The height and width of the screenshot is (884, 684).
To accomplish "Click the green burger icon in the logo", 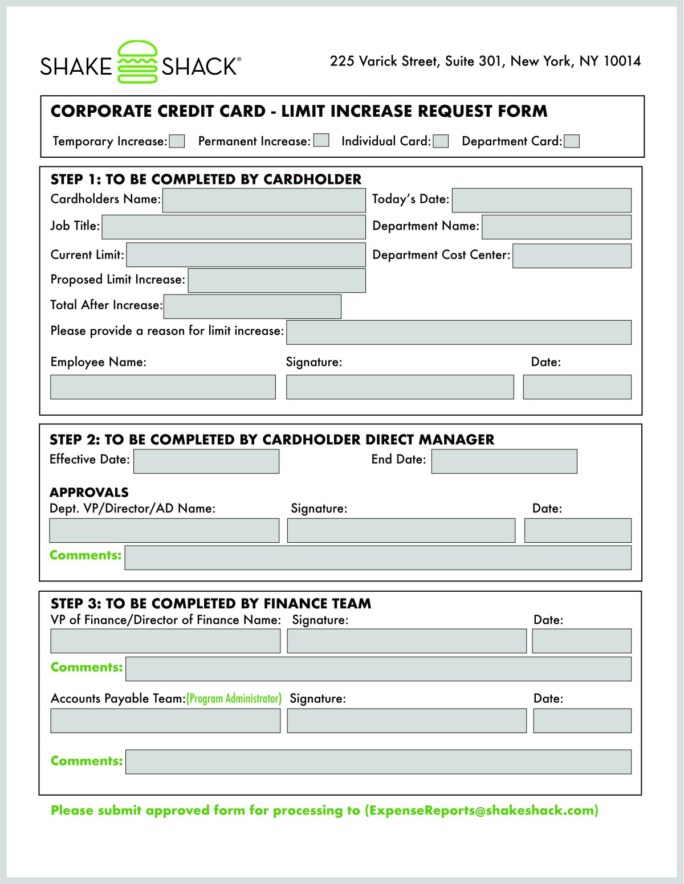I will pos(137,62).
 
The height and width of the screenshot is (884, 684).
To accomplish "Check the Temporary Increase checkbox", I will pos(177,141).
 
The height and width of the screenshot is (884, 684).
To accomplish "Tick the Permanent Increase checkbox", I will pos(321,141).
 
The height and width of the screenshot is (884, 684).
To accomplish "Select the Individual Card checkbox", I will pos(441,141).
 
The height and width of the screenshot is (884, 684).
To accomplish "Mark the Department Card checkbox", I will pos(572,141).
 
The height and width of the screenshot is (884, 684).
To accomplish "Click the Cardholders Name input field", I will pos(264,200).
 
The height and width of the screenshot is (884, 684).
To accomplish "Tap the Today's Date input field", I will pos(541,200).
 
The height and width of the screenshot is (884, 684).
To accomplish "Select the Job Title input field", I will pos(234,227).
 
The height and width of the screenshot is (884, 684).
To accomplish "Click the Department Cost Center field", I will pos(572,256).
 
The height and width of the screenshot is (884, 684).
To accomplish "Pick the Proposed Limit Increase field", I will pos(276,281).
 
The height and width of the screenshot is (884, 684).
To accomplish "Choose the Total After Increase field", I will pos(252,306).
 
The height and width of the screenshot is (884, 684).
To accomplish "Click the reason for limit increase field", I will pos(459,332).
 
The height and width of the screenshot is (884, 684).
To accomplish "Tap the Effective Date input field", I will pos(206,461).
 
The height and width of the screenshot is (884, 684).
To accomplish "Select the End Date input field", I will pos(504,461).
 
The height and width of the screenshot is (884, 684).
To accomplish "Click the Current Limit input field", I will pos(246,255).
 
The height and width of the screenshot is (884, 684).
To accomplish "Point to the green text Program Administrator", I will pos(234,699).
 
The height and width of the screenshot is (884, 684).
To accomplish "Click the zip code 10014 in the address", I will pos(622,62).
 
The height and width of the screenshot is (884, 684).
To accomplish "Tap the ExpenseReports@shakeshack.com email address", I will pos(481,811).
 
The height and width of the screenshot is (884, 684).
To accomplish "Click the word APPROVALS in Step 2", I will pos(89,493).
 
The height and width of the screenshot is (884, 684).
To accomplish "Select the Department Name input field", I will pos(556,227).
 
